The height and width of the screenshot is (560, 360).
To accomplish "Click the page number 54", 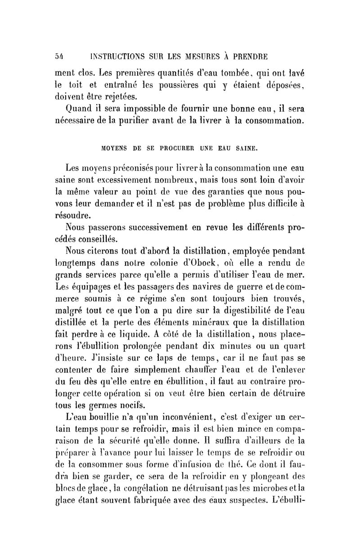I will pos(59,57).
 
